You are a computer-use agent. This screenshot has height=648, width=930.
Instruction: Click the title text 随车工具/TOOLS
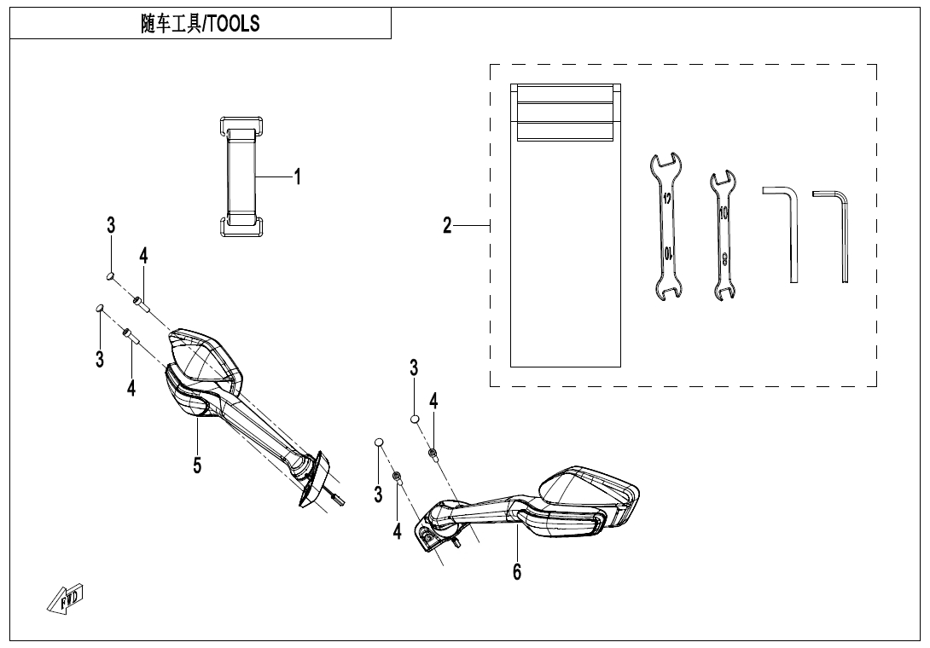point(200,24)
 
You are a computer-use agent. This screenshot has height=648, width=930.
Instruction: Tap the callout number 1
point(297,177)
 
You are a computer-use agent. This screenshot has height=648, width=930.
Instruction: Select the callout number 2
point(447,226)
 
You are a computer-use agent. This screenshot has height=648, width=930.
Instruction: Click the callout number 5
point(197,466)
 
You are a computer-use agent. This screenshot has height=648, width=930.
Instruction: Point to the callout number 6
point(517,571)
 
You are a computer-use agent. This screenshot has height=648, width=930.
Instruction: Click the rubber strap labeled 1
point(241,177)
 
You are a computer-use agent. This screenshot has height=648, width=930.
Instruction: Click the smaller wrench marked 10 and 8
point(724,234)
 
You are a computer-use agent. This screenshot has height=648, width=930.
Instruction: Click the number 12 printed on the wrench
point(666,199)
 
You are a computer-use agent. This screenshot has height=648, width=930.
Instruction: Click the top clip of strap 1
point(241,127)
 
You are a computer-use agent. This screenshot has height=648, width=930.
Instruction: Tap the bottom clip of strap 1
point(241,225)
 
